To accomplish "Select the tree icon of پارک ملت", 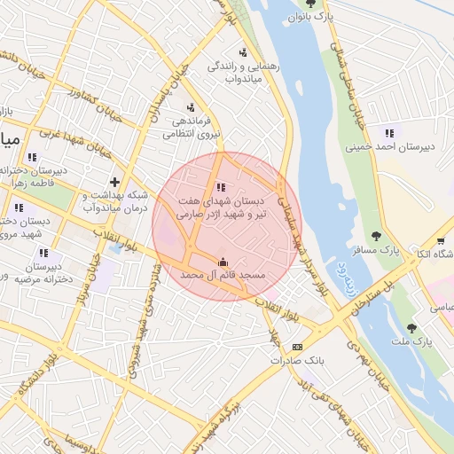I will coord(411,327).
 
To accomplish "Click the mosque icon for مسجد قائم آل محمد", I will coord(222,262).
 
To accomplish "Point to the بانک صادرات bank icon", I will coord(297,347).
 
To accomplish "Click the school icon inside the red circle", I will coord(221,187).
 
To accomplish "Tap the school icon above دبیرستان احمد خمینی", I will coord(388,133).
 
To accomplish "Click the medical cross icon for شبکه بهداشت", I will coord(113,182).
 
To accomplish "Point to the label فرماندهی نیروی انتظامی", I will coord(189,128).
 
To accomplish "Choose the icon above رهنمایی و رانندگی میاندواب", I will coord(243,52).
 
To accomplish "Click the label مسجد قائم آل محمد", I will coord(223,277).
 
